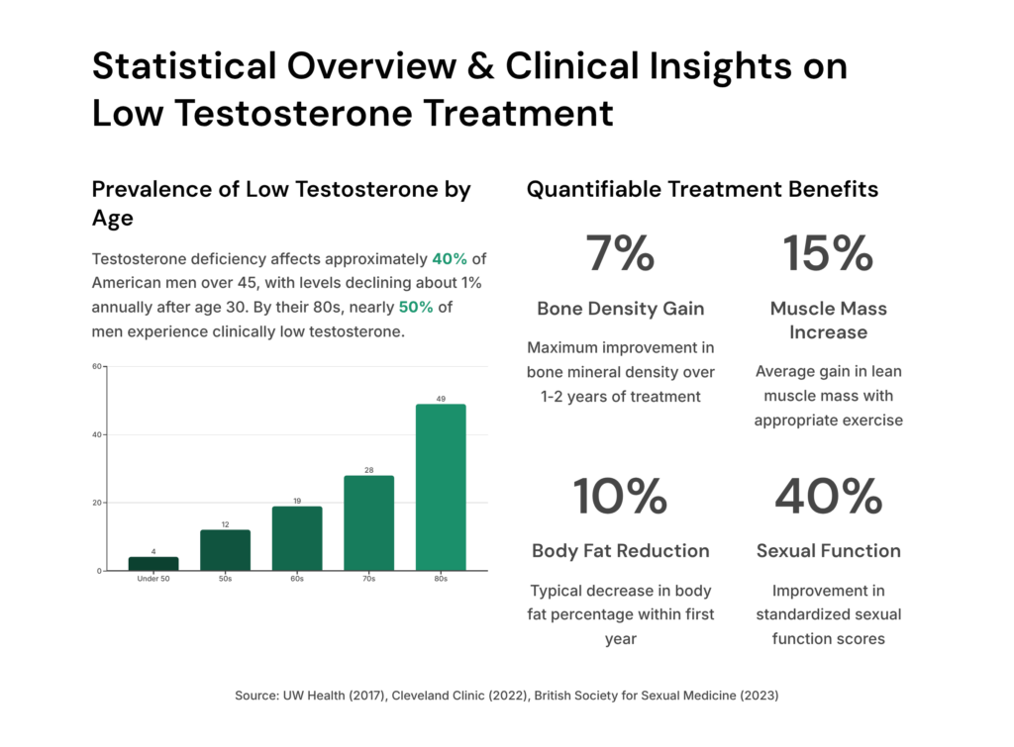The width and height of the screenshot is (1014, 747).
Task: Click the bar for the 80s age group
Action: pos(441,487)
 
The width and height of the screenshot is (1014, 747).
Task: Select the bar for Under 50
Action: pos(153,564)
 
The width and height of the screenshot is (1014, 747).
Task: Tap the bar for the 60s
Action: pos(297,538)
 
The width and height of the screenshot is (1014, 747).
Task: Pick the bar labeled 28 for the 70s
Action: pos(368,522)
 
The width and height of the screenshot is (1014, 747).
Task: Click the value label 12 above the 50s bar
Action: pos(225,523)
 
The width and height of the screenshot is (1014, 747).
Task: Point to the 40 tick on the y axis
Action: pos(98,434)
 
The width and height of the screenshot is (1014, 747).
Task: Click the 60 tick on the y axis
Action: pos(98,366)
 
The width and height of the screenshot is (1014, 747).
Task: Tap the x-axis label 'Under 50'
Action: pos(153,579)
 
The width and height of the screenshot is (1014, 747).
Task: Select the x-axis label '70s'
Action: pos(368,579)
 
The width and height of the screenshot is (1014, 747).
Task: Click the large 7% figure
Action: pos(620,254)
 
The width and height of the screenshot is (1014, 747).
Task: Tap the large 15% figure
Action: pos(828,254)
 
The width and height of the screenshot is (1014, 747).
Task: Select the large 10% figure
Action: pos(620,497)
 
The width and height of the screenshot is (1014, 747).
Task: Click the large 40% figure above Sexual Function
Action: pos(828,497)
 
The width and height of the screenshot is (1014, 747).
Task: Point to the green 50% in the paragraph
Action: pos(416,307)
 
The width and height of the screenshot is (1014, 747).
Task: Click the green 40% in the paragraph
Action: pos(450,259)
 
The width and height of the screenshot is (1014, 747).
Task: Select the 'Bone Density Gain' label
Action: pos(620,309)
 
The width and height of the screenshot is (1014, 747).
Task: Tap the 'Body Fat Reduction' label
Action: pos(620,551)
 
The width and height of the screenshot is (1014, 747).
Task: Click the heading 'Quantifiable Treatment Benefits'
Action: pos(702,189)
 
